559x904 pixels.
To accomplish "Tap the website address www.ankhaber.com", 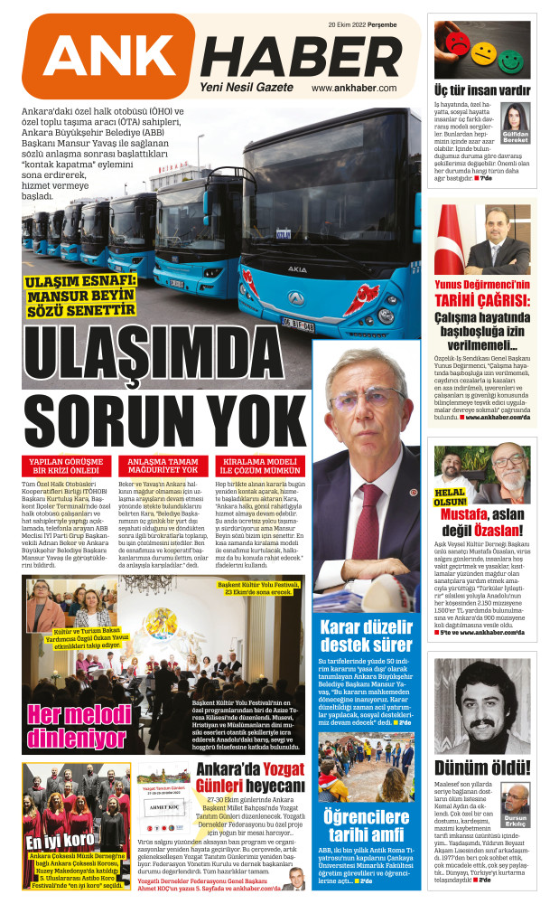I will pos(354,89).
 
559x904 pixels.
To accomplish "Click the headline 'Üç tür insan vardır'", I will pos(482,90).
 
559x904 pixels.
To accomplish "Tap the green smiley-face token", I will pos(515,62).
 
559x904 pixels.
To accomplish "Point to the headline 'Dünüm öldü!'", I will pos(483,767).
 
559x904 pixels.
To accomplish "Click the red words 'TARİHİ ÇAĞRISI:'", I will pos(480,301).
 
